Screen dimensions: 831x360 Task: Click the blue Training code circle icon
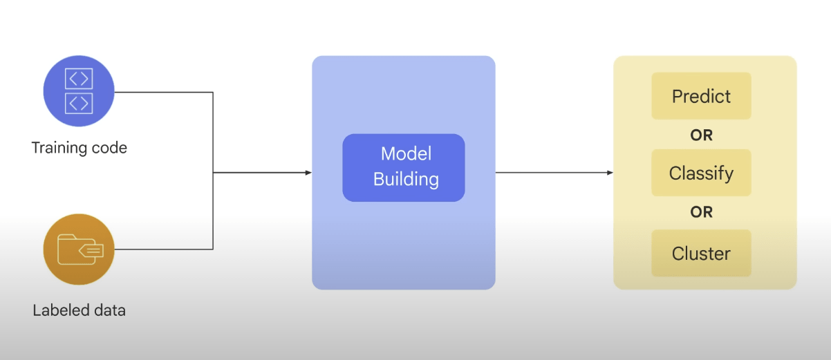tap(79, 92)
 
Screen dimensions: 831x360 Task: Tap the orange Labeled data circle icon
tap(79, 249)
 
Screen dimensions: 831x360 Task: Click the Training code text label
tap(80, 148)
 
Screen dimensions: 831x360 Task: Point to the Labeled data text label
tap(80, 310)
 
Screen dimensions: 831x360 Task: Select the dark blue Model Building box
tap(404, 167)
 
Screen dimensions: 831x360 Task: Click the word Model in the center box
tap(406, 153)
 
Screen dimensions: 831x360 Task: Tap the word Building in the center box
tap(406, 180)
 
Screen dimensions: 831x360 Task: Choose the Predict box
tap(701, 96)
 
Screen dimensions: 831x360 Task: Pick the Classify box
tap(701, 173)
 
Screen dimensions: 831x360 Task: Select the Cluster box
tap(701, 254)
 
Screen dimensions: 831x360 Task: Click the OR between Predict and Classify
tap(701, 135)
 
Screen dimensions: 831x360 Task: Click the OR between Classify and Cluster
tap(701, 212)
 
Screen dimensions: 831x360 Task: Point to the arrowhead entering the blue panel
tap(308, 173)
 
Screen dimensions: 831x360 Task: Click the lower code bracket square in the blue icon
tap(79, 104)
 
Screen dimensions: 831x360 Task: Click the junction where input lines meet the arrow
tap(213, 173)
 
